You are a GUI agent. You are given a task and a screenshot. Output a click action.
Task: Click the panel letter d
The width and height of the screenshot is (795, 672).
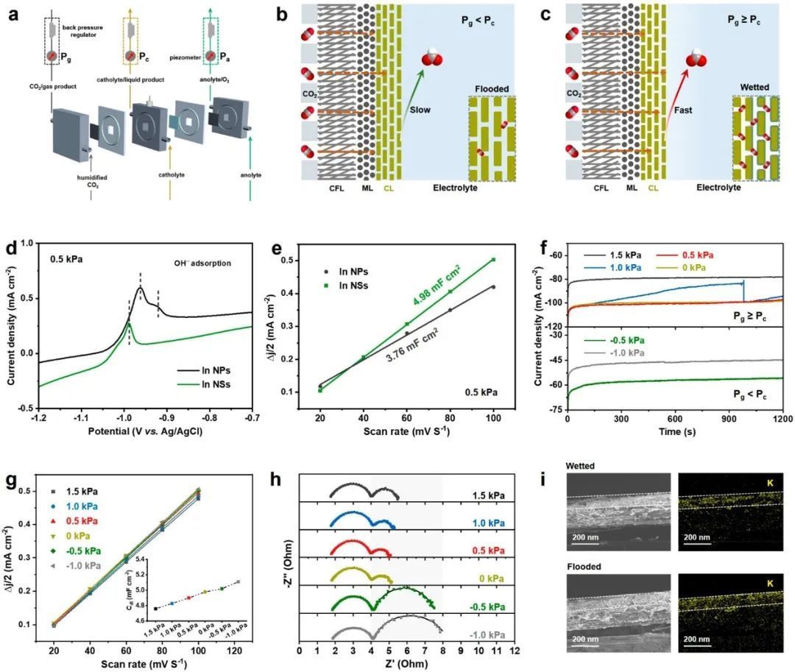tap(11, 248)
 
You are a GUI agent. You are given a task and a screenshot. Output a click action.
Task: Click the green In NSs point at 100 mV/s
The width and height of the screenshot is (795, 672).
tap(493, 259)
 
